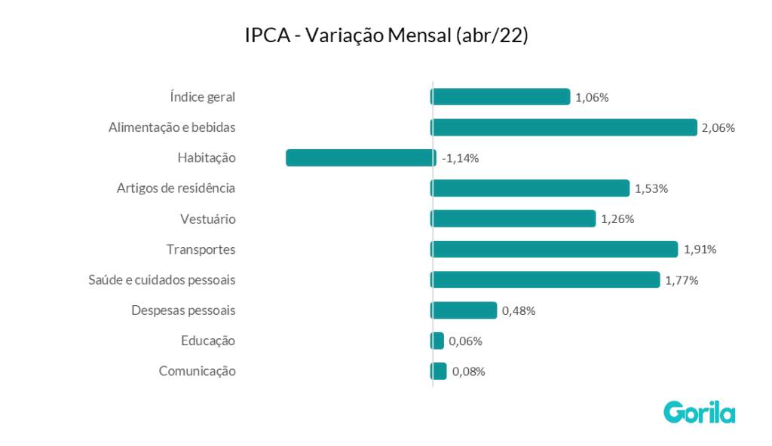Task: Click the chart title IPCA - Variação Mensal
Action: pyautogui.click(x=386, y=36)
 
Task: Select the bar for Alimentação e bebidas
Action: pyautogui.click(x=564, y=127)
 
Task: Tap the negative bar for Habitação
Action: pyautogui.click(x=360, y=157)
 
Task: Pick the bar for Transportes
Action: pyautogui.click(x=554, y=249)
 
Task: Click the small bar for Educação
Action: pyautogui.click(x=438, y=341)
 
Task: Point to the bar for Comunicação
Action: pyautogui.click(x=440, y=371)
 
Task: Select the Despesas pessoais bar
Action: pyautogui.click(x=464, y=310)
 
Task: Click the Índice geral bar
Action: pyautogui.click(x=501, y=96)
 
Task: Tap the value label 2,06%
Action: pyautogui.click(x=718, y=128)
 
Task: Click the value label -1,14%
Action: pyautogui.click(x=461, y=158)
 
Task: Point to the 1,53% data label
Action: pyautogui.click(x=651, y=188)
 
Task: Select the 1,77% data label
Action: pyautogui.click(x=682, y=280)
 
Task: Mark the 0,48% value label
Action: pyautogui.click(x=519, y=310)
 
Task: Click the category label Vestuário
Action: pyautogui.click(x=208, y=219)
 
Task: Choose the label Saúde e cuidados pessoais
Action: pyautogui.click(x=162, y=280)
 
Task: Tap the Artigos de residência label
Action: pyautogui.click(x=176, y=188)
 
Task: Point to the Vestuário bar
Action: pyautogui.click(x=513, y=218)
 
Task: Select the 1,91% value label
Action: pyautogui.click(x=700, y=249)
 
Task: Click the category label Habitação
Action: pyautogui.click(x=207, y=157)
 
